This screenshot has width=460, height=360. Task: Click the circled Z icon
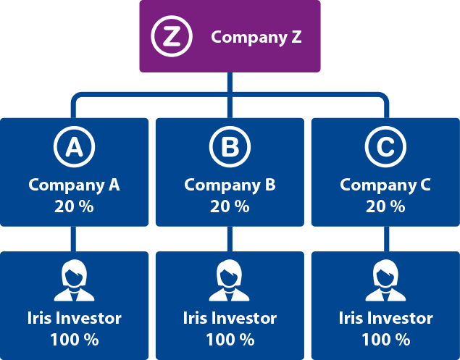(172, 36)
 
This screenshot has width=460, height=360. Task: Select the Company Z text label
(256, 38)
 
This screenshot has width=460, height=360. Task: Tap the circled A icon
(74, 147)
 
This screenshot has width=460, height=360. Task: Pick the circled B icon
(230, 147)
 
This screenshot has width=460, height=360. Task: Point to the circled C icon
(386, 147)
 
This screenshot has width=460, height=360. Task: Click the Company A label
(74, 185)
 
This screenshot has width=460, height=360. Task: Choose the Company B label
(230, 185)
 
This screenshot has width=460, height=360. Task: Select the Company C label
(385, 185)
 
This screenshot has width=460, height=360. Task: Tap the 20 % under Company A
(74, 206)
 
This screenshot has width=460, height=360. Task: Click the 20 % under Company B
(230, 206)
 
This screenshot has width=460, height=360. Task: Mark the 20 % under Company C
(385, 206)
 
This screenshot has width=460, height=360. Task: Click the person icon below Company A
(74, 280)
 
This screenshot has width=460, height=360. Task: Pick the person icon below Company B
(229, 280)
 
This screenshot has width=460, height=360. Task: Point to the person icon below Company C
(385, 280)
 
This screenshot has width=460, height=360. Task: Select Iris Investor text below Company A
(74, 318)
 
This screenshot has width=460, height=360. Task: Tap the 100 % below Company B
(230, 340)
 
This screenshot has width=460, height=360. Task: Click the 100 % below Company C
(386, 340)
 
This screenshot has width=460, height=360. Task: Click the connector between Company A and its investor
(73, 239)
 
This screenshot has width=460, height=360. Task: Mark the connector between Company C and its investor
(387, 239)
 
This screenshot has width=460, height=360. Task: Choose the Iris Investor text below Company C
(386, 318)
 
